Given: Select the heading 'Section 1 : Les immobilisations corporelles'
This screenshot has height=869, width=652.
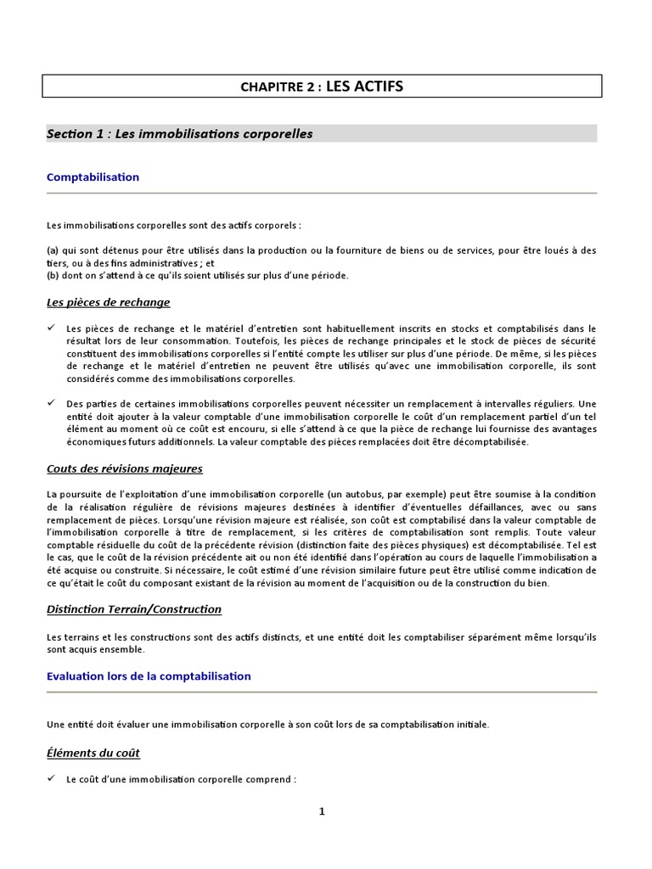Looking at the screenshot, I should tap(180, 134).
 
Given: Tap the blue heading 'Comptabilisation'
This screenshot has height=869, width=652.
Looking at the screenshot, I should tap(93, 177).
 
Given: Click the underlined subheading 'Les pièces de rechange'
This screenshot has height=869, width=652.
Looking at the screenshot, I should tap(109, 302).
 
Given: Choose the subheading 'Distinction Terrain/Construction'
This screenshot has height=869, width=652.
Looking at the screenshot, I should tap(134, 609).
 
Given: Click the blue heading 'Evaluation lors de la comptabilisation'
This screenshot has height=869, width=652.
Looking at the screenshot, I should tap(149, 676).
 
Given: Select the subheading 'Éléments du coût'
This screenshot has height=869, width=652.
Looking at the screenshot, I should tap(93, 753).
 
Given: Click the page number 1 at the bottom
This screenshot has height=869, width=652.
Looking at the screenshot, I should tap(322, 811).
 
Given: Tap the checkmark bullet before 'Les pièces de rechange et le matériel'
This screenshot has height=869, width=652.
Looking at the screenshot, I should tap(51, 328).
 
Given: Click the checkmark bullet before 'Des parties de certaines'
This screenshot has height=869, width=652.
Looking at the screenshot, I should tap(51, 404).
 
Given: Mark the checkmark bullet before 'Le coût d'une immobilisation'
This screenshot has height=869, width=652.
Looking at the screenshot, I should tap(51, 778).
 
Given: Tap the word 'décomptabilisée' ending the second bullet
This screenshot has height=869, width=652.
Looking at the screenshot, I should tap(490, 442).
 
